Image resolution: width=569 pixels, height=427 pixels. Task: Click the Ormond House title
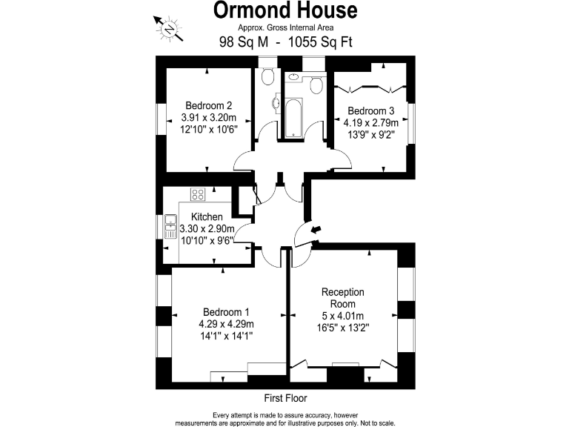(x=285, y=10)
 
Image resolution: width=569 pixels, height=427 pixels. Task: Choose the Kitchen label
(x=207, y=217)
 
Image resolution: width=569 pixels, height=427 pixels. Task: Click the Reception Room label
(x=343, y=298)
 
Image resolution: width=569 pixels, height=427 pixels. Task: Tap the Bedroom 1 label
(x=227, y=312)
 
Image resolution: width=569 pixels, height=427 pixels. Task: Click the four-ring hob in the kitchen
(x=198, y=195)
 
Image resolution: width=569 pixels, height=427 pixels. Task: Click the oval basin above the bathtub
(x=293, y=76)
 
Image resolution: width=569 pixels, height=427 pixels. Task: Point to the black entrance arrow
(x=316, y=231)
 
